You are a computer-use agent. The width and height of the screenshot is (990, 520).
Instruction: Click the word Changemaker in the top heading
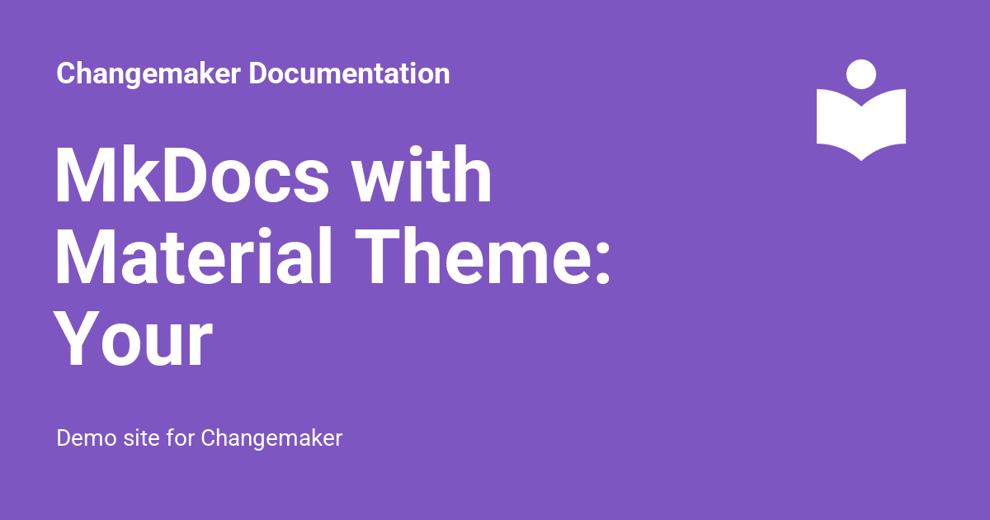click(148, 73)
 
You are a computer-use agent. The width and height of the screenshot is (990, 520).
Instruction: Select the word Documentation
click(349, 73)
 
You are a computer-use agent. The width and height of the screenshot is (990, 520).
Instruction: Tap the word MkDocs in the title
click(191, 175)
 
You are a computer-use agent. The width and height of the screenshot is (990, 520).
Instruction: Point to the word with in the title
click(422, 174)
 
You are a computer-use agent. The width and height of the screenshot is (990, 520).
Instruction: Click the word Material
click(193, 257)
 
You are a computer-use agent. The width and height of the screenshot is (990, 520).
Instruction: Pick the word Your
click(133, 339)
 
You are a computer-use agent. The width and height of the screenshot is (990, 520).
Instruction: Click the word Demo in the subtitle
click(87, 438)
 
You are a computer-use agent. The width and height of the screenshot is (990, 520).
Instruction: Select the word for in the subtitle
click(181, 437)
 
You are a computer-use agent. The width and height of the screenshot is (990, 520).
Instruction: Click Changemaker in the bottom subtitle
click(271, 439)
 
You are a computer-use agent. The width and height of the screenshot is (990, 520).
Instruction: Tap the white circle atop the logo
click(861, 74)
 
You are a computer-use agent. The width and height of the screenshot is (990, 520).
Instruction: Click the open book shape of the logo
click(861, 125)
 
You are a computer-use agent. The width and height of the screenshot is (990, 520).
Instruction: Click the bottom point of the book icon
click(861, 161)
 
